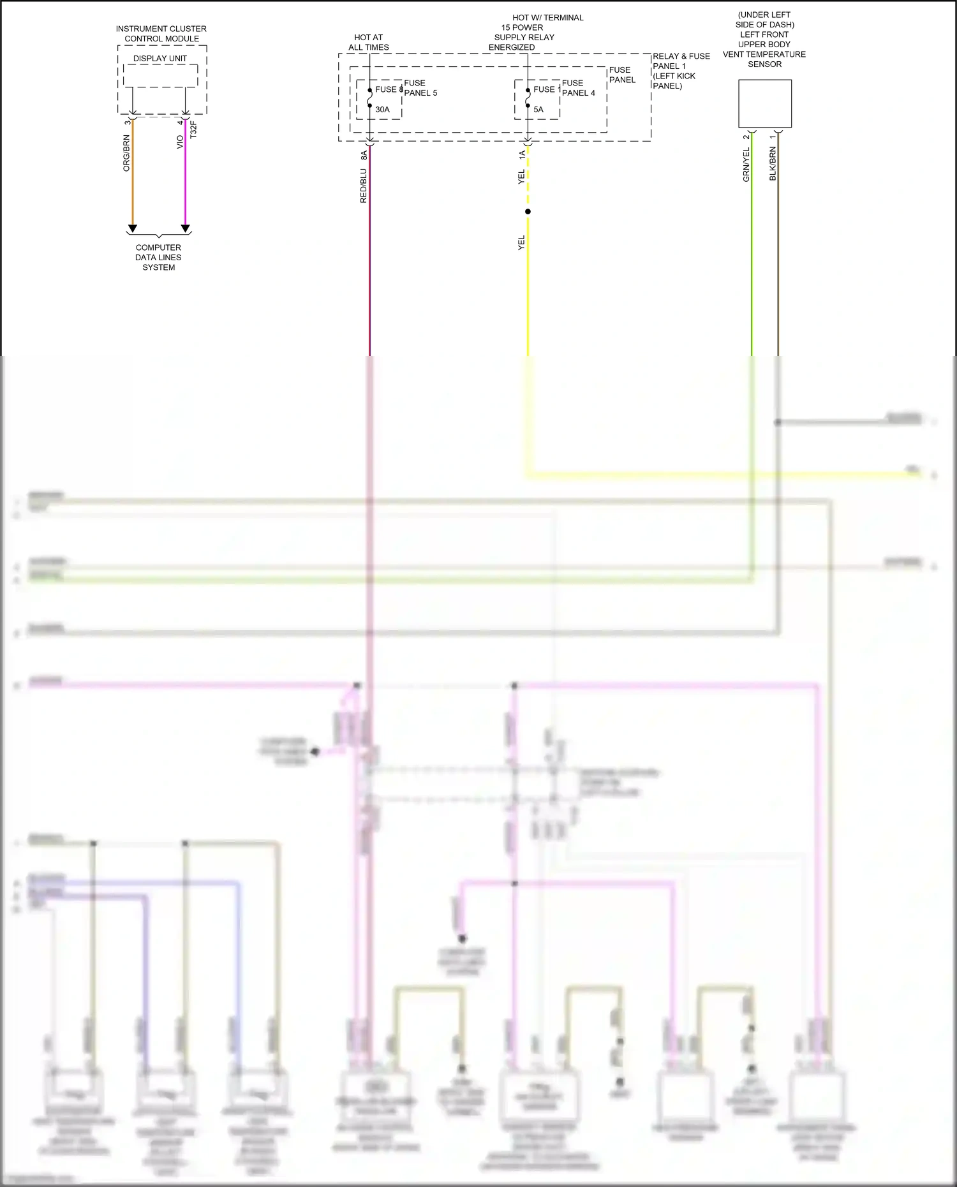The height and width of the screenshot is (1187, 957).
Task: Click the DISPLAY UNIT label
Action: pyautogui.click(x=160, y=59)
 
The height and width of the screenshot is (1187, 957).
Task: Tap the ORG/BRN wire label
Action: pyautogui.click(x=126, y=153)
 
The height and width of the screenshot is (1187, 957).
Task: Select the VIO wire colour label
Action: pyautogui.click(x=180, y=142)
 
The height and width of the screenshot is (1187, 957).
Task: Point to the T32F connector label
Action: pyautogui.click(x=193, y=129)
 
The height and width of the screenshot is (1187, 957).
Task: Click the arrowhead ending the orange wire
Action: pyautogui.click(x=133, y=228)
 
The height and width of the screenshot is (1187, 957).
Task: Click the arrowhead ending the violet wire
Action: pyautogui.click(x=186, y=228)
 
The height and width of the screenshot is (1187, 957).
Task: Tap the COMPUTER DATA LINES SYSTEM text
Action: pyautogui.click(x=158, y=257)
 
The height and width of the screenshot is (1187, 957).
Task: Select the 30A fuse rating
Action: pyautogui.click(x=382, y=110)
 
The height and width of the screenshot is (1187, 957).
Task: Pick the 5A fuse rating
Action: pyautogui.click(x=538, y=110)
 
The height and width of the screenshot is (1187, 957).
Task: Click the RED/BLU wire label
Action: pyautogui.click(x=364, y=186)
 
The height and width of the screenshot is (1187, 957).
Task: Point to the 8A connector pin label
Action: pyautogui.click(x=364, y=154)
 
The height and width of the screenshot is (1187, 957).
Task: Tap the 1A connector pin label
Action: pyautogui.click(x=522, y=154)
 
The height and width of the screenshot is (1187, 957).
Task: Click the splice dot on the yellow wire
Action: pyautogui.click(x=528, y=212)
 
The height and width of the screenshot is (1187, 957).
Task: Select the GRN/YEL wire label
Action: pyautogui.click(x=746, y=165)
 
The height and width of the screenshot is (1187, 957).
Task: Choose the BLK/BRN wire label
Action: pyautogui.click(x=773, y=164)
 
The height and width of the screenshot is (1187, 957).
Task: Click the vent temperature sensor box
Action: pyautogui.click(x=765, y=103)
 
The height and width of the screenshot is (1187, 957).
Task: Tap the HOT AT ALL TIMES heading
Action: pyautogui.click(x=369, y=42)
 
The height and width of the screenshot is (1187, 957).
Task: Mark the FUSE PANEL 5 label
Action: pyautogui.click(x=420, y=88)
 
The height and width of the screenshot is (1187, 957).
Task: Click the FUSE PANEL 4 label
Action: pyautogui.click(x=578, y=88)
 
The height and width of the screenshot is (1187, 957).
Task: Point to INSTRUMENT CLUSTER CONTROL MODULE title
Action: pyautogui.click(x=161, y=34)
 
